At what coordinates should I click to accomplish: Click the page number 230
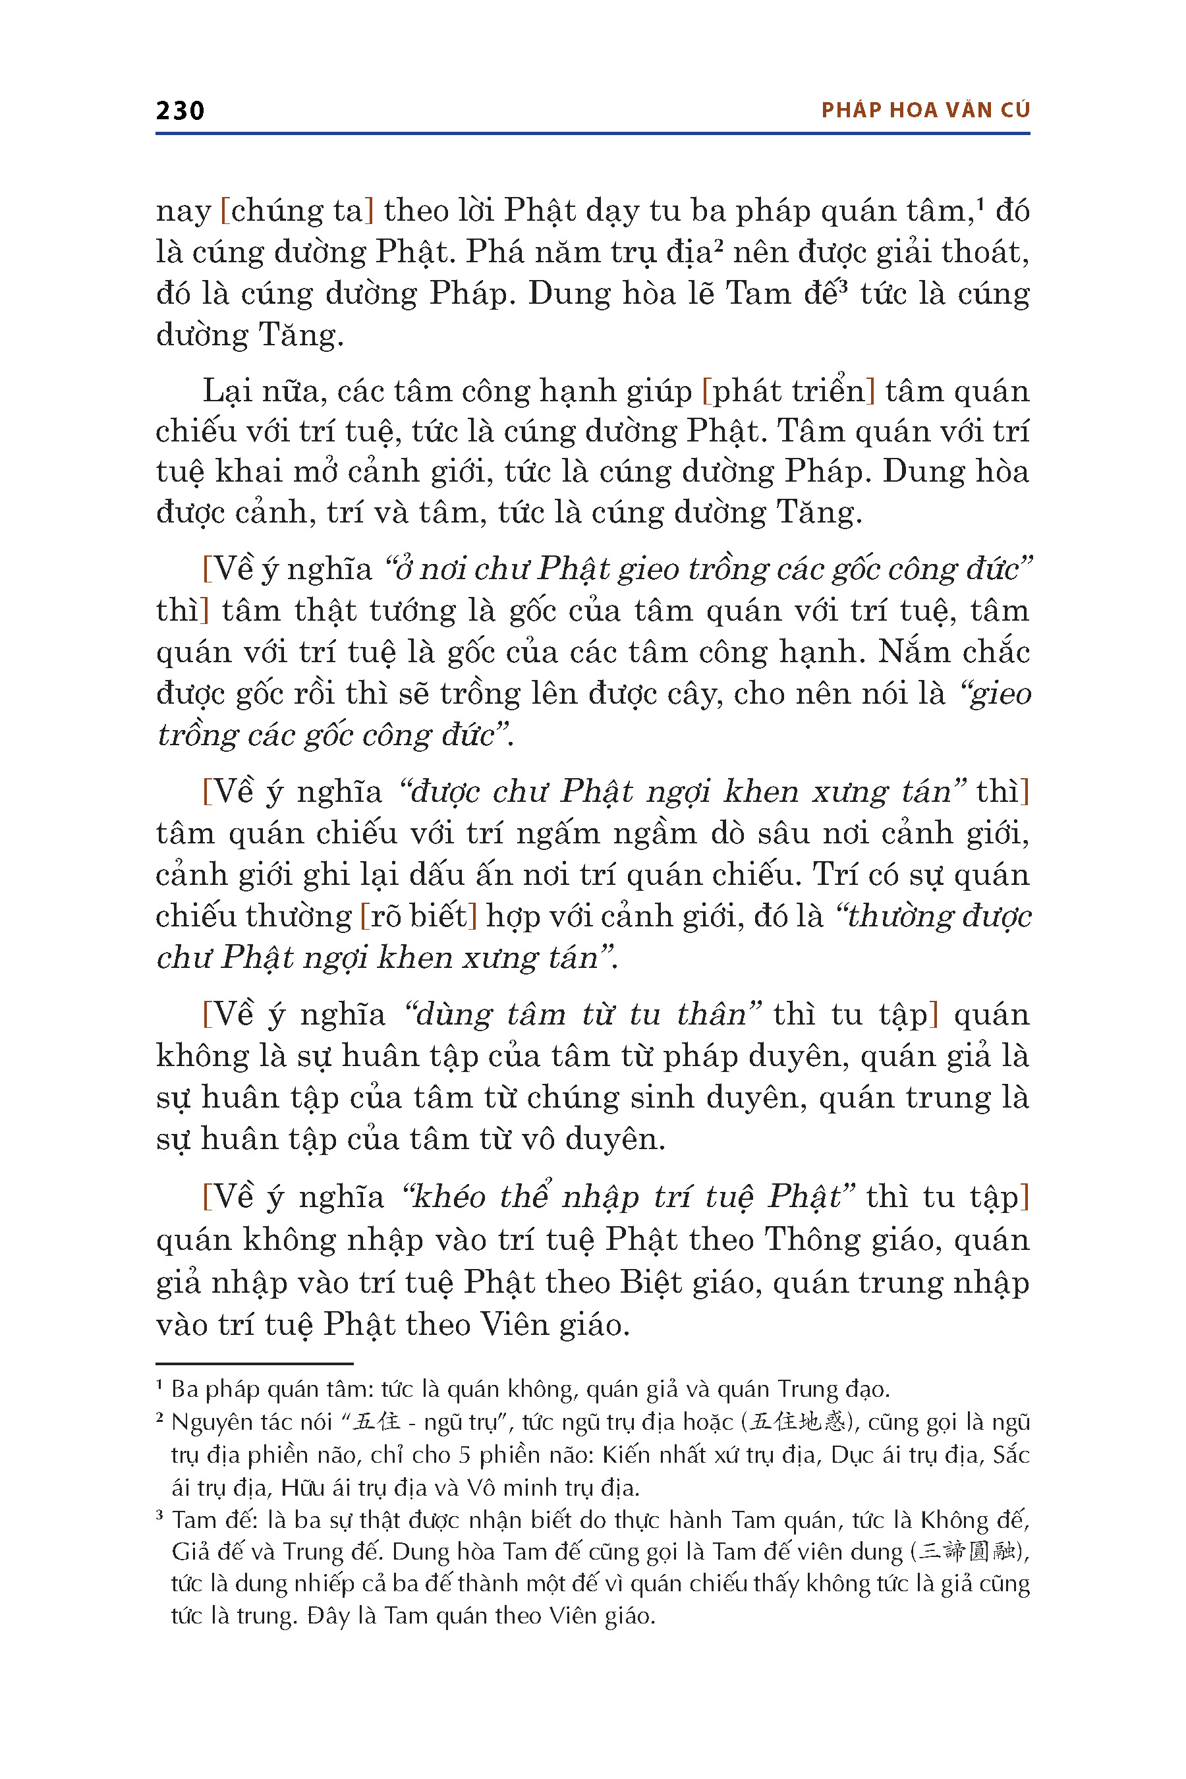click(x=180, y=111)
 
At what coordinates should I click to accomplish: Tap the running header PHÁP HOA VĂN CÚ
click(x=925, y=111)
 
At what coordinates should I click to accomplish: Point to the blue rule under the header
click(x=592, y=134)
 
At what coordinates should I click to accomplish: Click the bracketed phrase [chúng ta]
click(x=296, y=211)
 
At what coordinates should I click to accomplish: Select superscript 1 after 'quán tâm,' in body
click(x=980, y=202)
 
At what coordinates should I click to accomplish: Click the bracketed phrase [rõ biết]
click(x=418, y=916)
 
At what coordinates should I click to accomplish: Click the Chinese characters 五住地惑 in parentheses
click(x=797, y=1422)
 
